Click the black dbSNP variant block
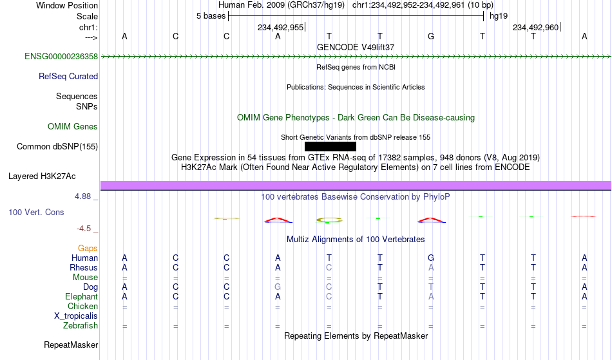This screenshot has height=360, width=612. (330, 146)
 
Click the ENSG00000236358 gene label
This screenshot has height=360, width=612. (61, 57)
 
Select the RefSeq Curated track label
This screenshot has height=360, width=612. (68, 77)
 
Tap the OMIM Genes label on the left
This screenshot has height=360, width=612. (73, 126)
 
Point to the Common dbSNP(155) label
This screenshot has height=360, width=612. (57, 147)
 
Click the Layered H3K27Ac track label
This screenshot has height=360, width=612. (42, 176)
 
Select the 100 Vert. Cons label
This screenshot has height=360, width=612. (36, 212)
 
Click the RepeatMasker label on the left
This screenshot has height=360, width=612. (71, 345)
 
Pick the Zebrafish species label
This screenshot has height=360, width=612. (81, 326)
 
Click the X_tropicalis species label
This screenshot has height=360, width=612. (76, 316)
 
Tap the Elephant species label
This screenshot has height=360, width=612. (82, 297)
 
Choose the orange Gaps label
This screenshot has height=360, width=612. (88, 249)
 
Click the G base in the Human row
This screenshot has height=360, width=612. (431, 258)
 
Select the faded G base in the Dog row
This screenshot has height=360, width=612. (278, 287)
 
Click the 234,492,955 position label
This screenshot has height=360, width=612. (281, 27)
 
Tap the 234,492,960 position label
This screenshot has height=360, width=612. (535, 27)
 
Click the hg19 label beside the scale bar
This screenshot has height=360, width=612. (499, 16)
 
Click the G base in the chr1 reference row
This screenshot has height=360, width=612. (431, 36)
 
